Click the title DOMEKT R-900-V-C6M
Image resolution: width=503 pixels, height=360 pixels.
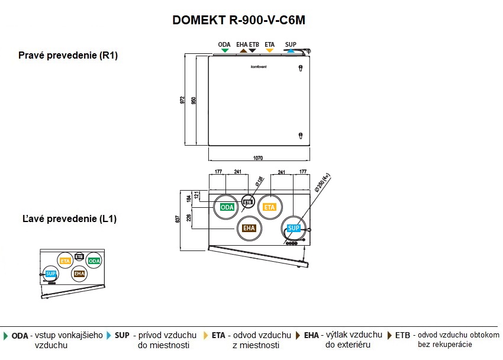239,20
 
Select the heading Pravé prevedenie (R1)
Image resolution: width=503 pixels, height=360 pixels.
68,56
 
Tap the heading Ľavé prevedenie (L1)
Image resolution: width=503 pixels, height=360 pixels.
67,218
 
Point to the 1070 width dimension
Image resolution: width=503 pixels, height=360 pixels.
258,158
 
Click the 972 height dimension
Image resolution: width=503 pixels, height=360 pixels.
182,100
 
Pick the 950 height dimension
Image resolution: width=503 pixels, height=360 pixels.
193,100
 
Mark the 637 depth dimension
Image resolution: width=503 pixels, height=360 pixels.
178,219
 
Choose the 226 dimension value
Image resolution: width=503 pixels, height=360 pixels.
189,217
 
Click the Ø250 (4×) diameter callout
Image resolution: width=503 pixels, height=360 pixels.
322,184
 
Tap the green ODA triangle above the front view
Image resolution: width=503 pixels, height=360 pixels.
224,51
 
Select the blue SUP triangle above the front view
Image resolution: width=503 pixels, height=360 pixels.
290,51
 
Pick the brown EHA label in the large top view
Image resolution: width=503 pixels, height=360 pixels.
249,228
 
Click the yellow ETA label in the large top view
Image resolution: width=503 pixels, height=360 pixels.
270,207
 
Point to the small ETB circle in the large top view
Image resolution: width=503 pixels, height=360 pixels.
248,202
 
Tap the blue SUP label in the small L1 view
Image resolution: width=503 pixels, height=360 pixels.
51,274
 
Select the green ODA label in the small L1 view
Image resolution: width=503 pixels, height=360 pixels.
93,261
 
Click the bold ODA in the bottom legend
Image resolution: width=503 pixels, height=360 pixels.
20,335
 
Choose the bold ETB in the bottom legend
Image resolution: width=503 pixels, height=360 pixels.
402,335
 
